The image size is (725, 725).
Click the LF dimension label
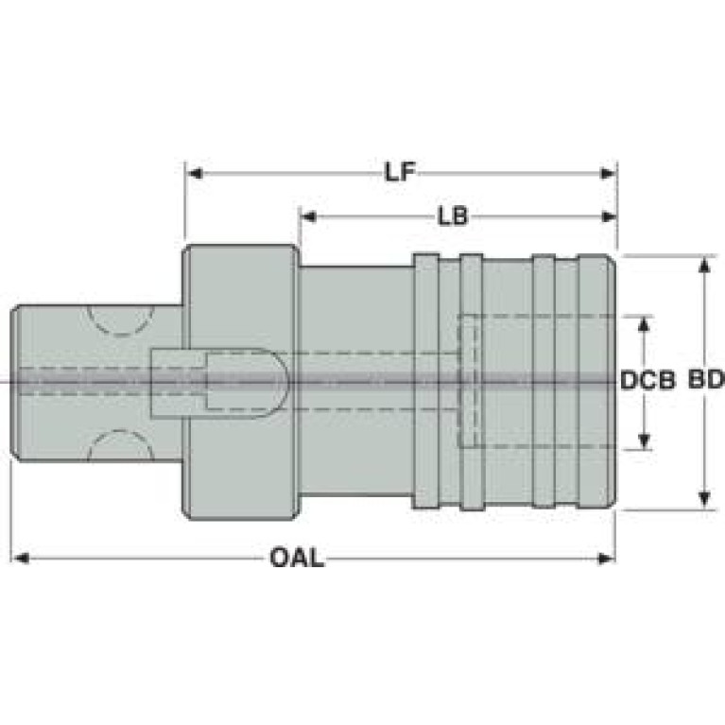point(401,172)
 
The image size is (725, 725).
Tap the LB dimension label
point(453,216)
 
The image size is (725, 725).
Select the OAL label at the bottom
point(297,558)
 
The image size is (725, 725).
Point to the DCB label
point(647,380)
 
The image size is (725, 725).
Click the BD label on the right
point(706,380)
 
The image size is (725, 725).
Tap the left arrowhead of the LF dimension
point(195,174)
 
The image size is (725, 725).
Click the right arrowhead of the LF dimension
point(608,174)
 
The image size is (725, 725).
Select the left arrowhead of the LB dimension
point(309,216)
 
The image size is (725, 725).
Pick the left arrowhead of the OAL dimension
point(21,559)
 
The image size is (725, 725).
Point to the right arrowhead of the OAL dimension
point(606,559)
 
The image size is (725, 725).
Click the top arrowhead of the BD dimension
point(704,266)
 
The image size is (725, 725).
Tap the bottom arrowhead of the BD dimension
point(704,498)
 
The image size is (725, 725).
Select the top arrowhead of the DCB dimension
point(644,325)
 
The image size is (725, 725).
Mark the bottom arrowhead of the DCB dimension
point(644,440)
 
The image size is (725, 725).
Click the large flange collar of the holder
point(240,382)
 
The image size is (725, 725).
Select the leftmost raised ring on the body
point(426,381)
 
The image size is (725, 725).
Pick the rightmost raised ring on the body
point(596,382)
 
